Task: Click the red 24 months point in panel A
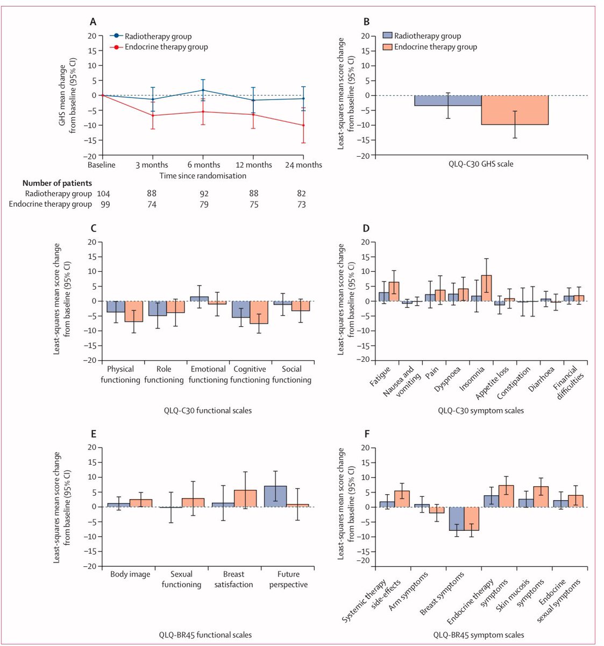click(303, 125)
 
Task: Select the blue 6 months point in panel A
click(203, 90)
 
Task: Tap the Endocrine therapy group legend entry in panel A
click(166, 47)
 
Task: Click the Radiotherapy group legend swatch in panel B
click(387, 36)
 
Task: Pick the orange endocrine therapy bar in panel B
click(515, 110)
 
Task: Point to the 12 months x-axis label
click(253, 165)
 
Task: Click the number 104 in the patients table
click(103, 193)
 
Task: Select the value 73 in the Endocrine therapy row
click(301, 205)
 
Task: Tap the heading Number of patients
click(57, 183)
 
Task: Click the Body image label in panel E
click(130, 574)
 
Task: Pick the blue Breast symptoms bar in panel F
click(457, 518)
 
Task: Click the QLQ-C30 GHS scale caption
click(481, 164)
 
